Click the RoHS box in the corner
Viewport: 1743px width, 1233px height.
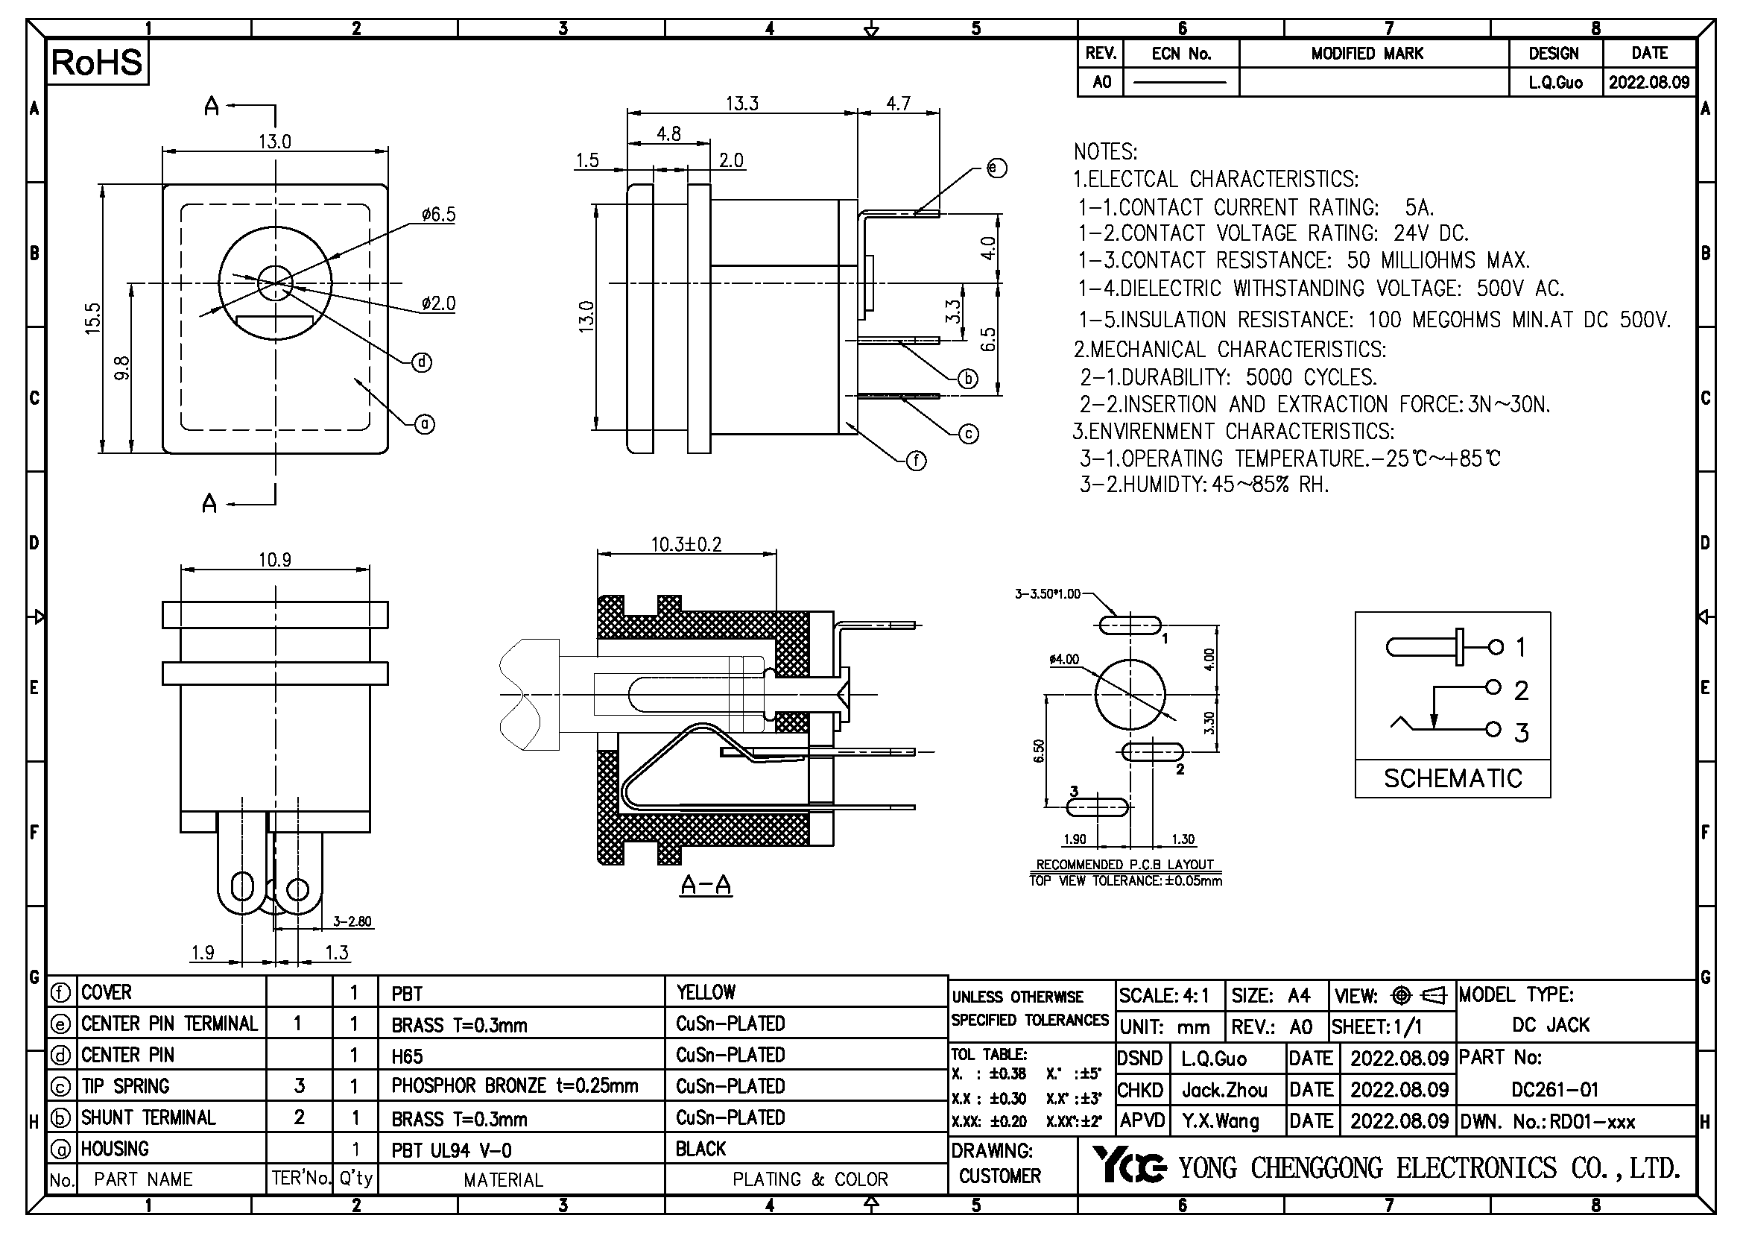click(96, 63)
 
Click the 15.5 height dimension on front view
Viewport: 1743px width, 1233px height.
click(92, 318)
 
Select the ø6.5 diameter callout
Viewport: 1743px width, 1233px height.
click(439, 215)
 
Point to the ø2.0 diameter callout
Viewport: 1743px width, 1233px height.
click(439, 303)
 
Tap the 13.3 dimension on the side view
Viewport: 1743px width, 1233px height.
click(741, 104)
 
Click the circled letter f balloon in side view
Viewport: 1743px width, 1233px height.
click(917, 461)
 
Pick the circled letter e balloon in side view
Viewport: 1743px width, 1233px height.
click(997, 168)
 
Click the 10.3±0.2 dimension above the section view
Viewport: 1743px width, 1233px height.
click(686, 544)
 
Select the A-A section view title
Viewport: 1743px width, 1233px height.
click(706, 885)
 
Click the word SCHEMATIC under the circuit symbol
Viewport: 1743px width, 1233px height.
click(1453, 779)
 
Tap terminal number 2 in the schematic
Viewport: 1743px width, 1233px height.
click(1522, 690)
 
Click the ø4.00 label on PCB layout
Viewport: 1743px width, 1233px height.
click(1063, 659)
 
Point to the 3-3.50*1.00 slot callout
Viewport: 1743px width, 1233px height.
click(1048, 593)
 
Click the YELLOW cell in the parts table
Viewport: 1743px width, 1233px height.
click(706, 992)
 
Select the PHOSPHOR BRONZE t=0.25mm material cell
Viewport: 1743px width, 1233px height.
click(515, 1085)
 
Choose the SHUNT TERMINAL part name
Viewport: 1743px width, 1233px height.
click(149, 1117)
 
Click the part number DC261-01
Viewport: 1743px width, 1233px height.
click(1554, 1090)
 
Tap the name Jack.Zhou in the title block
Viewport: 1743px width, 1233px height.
click(1224, 1091)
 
